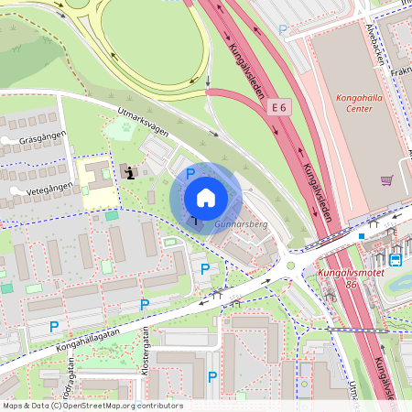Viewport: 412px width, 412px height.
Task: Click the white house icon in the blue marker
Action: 206,198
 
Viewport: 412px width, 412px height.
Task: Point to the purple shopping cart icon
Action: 386,180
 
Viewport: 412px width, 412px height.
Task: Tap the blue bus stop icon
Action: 396,259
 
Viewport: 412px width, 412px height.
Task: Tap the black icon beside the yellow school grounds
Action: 131,171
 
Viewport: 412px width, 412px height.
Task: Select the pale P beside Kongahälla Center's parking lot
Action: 282,30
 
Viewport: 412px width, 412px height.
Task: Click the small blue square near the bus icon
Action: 363,235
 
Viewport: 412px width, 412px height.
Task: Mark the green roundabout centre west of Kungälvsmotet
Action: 290,266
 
